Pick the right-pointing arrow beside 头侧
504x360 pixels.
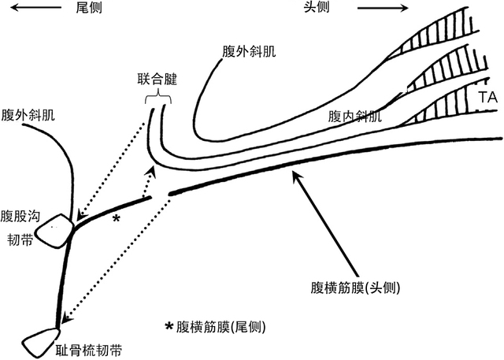pos(383,9)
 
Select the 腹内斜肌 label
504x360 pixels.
pos(354,117)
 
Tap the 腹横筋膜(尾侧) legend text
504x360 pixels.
pos(221,327)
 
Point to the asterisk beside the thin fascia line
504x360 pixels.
pos(117,217)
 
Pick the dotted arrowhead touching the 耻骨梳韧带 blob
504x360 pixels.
pos(65,320)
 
